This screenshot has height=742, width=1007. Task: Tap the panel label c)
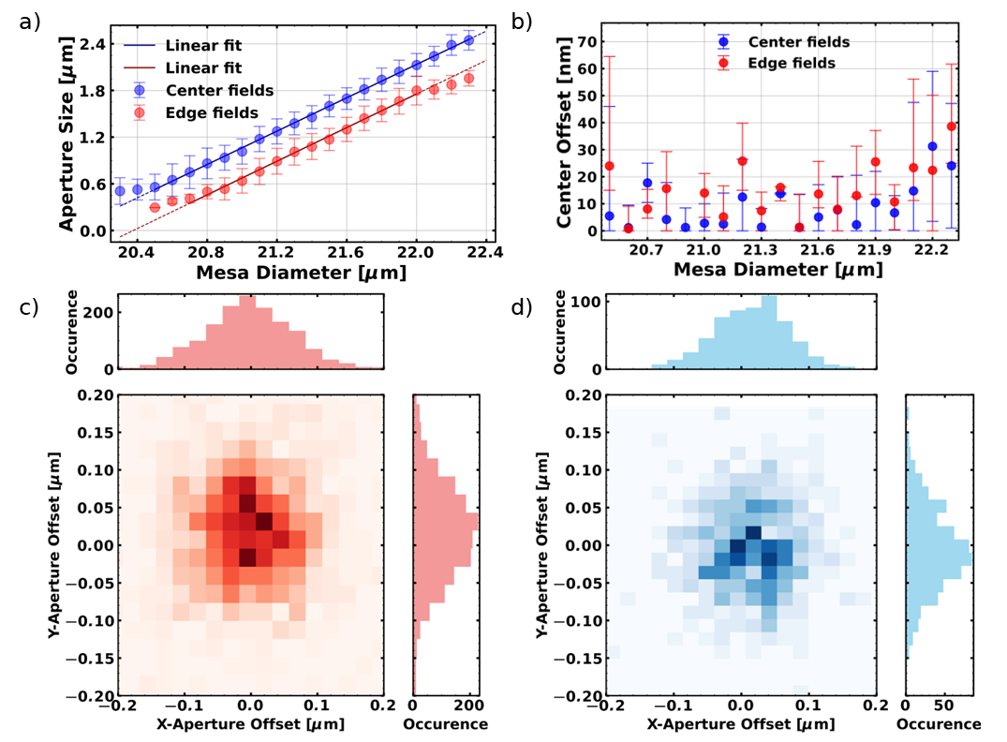(x=29, y=306)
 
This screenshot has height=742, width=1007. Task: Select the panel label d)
(x=522, y=306)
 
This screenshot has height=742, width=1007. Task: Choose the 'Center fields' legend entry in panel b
(x=798, y=42)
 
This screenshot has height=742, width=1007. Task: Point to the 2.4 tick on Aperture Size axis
(x=92, y=44)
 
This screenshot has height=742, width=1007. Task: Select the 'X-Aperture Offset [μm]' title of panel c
(x=250, y=725)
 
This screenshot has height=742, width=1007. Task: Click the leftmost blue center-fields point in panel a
(x=120, y=191)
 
